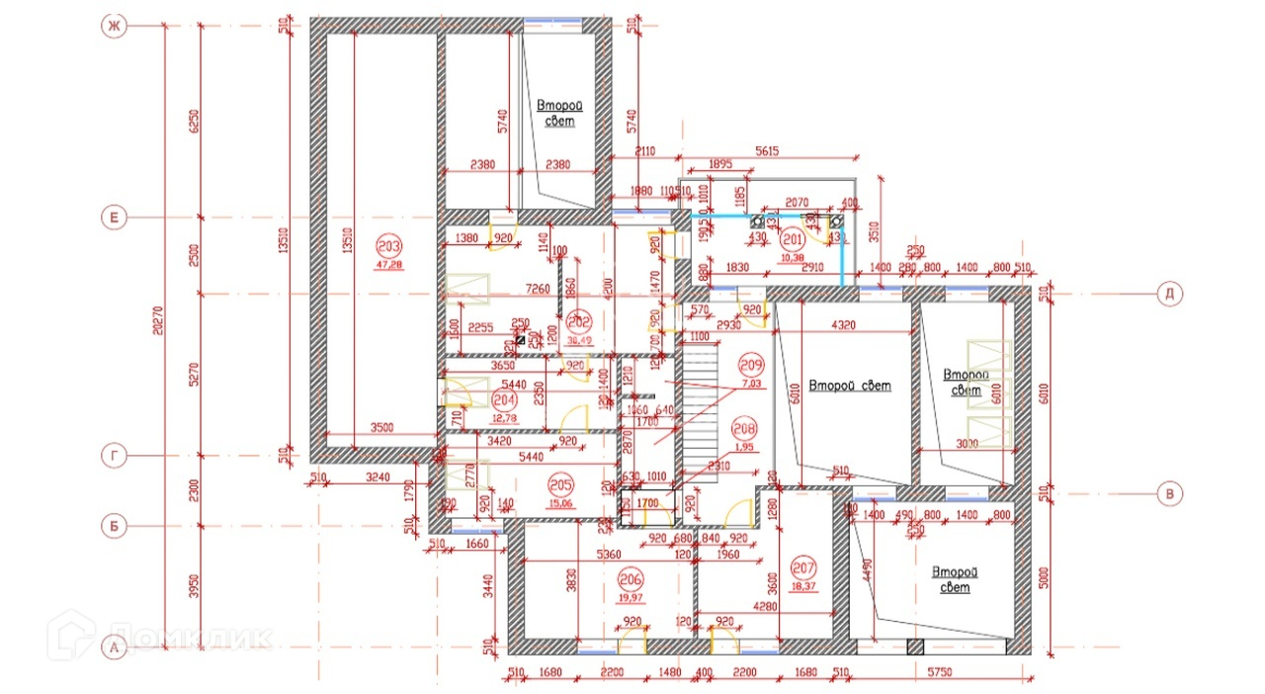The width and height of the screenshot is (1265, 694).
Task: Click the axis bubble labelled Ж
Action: tap(114, 27)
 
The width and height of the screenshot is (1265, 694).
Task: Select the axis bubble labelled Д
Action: tap(1170, 294)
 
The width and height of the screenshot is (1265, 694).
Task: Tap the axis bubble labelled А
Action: tap(114, 649)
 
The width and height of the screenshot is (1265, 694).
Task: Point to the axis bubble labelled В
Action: tap(1170, 494)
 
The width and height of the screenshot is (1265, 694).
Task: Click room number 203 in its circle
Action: tap(388, 246)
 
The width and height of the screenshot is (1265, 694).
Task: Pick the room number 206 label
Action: tap(630, 578)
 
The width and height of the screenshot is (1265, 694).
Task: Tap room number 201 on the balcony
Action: tap(793, 238)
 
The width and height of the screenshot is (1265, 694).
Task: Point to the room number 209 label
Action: tap(752, 362)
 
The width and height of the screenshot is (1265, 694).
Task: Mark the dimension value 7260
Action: tap(538, 289)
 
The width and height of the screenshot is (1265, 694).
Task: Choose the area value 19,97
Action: tap(630, 596)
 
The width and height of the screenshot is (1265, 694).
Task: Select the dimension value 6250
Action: tap(195, 120)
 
